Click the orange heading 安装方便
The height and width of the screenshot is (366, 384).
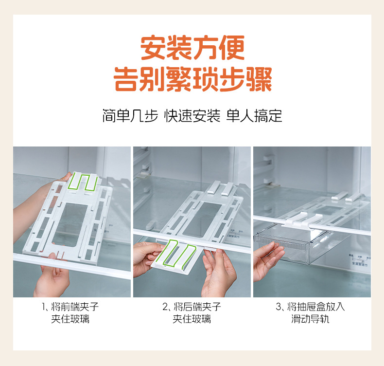[192, 48]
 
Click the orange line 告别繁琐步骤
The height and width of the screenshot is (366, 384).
[193, 79]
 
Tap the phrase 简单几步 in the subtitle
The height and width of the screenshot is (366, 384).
[130, 116]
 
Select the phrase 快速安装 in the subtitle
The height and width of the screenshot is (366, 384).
[192, 116]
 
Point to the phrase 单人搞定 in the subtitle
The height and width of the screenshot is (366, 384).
[254, 116]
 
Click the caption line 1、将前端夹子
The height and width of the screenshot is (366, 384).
[70, 307]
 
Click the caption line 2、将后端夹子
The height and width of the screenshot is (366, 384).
[192, 307]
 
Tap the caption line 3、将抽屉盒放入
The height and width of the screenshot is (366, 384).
[310, 307]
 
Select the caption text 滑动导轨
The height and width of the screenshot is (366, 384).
[310, 319]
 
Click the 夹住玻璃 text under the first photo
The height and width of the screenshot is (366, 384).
[70, 319]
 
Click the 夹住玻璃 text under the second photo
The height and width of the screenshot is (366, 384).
[192, 319]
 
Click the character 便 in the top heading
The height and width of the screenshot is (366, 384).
[232, 48]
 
